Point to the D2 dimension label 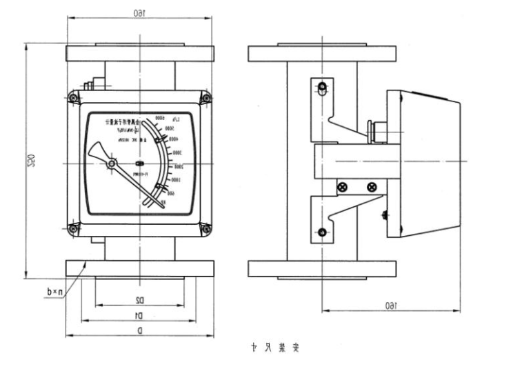[x=139, y=300]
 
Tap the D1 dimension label [x=139, y=315]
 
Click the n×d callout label [x=52, y=292]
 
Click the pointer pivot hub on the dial [x=112, y=163]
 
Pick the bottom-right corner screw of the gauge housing [x=205, y=228]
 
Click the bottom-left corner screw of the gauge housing [x=73, y=228]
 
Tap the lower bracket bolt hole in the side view [x=321, y=231]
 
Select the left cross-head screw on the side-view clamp [x=340, y=187]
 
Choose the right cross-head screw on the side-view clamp [x=372, y=187]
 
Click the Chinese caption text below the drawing [x=274, y=348]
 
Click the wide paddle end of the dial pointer [x=94, y=150]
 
